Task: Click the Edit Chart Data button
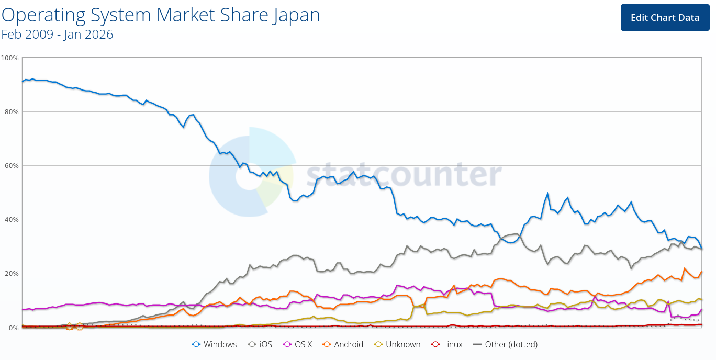(x=665, y=17)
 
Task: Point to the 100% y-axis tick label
(x=10, y=58)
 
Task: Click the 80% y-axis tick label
(x=12, y=111)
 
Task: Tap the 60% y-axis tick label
(x=12, y=166)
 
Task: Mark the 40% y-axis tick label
(x=12, y=220)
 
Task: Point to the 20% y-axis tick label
(x=12, y=274)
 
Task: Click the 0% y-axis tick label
(x=13, y=328)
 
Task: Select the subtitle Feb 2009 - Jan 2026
(x=57, y=35)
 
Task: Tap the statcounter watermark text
(x=404, y=173)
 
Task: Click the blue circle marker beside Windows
(x=197, y=344)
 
